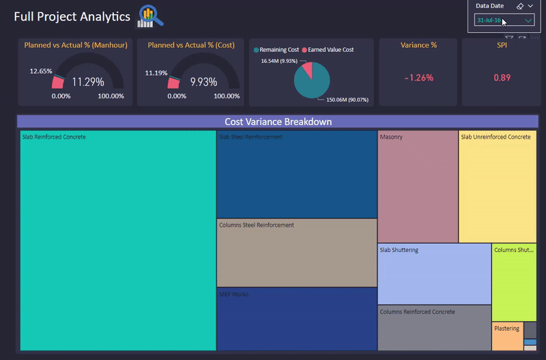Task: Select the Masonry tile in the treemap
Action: click(x=417, y=186)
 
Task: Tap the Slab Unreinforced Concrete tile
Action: click(x=497, y=186)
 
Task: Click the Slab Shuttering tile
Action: click(x=433, y=273)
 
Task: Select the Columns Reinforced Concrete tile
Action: click(x=433, y=328)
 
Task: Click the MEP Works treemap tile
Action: click(x=296, y=318)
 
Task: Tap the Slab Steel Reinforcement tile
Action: click(x=296, y=174)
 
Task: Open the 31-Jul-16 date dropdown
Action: click(x=504, y=20)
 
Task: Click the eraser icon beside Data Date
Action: click(x=519, y=5)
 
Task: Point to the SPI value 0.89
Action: click(x=502, y=78)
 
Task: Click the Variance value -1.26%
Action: click(x=418, y=78)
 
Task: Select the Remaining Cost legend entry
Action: click(x=278, y=50)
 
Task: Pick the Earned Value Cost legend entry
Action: click(x=330, y=50)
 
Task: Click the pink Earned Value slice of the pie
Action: click(x=308, y=70)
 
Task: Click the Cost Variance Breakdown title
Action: click(x=278, y=122)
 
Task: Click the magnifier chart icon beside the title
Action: click(x=149, y=16)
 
